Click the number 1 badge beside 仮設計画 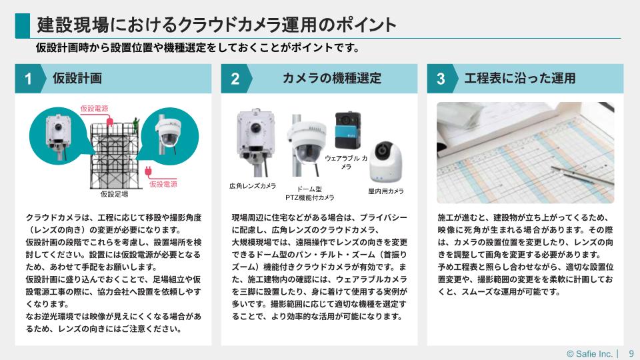(x=29, y=79)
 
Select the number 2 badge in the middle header (x=235, y=79)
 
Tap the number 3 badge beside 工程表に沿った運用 (x=441, y=79)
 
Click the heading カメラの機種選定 (x=332, y=78)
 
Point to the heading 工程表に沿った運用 (x=519, y=78)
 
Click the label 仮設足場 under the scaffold (x=114, y=194)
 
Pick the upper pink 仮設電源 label (x=94, y=109)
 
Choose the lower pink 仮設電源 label (x=163, y=184)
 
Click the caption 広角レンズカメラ (x=253, y=186)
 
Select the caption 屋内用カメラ (x=386, y=191)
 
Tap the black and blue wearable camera (x=348, y=131)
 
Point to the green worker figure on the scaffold (x=136, y=124)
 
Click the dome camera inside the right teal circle (x=167, y=133)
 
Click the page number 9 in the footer (x=631, y=353)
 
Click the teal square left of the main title (x=23, y=26)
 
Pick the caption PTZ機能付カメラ (x=310, y=197)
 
